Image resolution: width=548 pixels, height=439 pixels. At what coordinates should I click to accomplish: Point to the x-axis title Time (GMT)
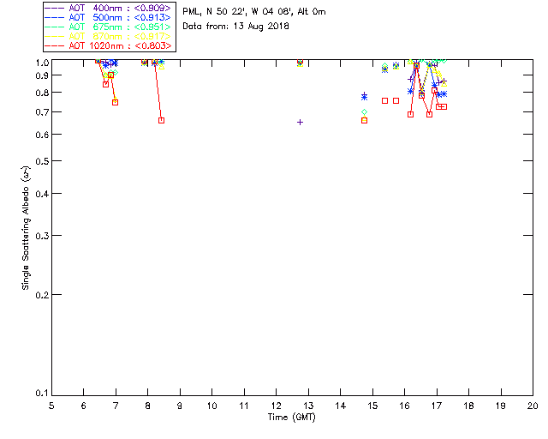point(292,418)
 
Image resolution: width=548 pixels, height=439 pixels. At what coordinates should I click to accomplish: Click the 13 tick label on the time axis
point(276,406)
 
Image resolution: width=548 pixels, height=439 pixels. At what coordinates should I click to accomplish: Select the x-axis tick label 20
point(533,406)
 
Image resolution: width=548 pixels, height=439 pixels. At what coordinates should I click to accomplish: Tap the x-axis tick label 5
point(51,406)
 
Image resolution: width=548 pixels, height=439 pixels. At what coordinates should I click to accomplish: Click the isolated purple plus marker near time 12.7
point(300,122)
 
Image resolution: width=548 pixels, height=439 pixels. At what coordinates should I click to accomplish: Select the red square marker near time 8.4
point(161,120)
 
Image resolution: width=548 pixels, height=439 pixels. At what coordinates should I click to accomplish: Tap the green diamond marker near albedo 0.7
point(364,112)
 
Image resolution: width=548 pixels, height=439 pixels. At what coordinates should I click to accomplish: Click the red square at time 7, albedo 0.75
point(115,102)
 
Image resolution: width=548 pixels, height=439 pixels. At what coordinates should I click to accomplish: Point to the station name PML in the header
point(191,12)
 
